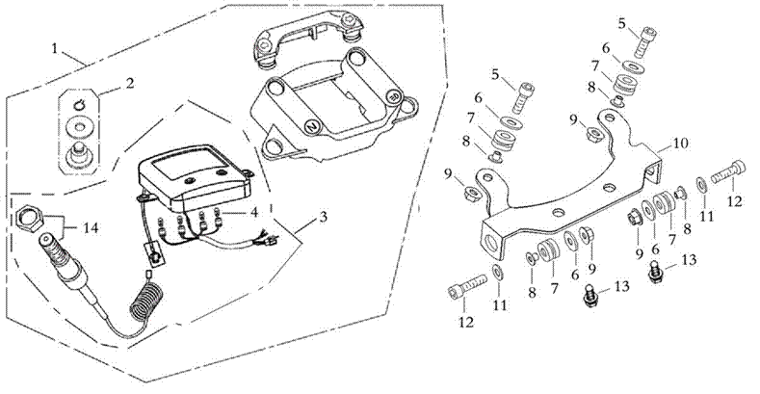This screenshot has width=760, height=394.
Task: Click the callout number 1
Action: [55, 48]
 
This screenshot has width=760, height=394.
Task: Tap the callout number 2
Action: [129, 83]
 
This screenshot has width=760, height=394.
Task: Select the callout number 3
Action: [324, 217]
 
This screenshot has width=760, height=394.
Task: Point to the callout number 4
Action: [253, 212]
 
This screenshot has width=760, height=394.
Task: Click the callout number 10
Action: [679, 144]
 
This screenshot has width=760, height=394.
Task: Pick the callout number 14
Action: [91, 227]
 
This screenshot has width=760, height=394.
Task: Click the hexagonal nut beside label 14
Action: [29, 218]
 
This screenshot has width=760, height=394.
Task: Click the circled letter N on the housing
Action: [312, 125]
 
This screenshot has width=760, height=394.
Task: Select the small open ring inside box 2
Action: [80, 103]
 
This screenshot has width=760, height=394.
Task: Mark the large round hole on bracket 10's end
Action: [491, 241]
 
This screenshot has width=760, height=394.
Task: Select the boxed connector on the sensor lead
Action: [155, 254]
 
